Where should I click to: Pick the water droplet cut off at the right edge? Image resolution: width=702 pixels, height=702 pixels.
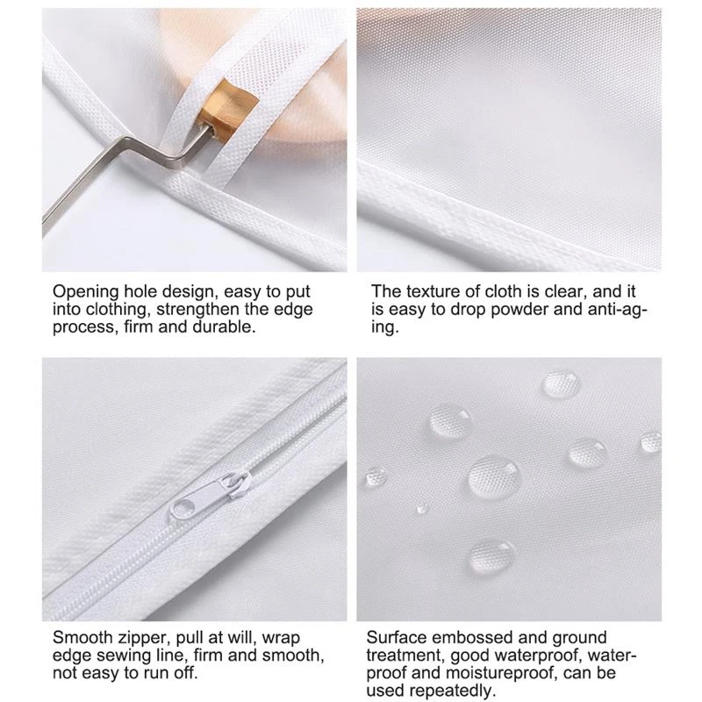(x=650, y=441)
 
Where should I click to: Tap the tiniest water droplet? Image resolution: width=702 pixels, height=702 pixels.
(x=422, y=506)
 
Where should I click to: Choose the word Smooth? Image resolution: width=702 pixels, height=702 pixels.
(x=79, y=638)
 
